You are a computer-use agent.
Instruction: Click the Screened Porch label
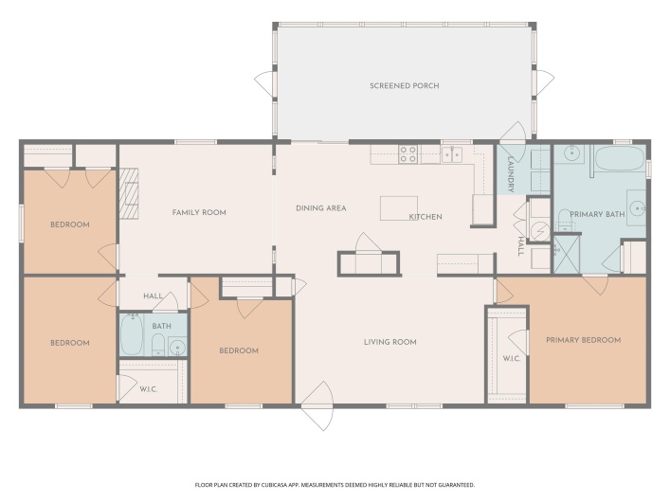[x=405, y=86]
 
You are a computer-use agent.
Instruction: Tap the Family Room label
[x=199, y=212]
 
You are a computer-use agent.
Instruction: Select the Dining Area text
[x=321, y=208]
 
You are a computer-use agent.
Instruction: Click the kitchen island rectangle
[x=399, y=208]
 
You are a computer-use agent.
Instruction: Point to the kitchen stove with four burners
[x=407, y=154]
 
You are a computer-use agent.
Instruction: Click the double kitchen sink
[x=452, y=154]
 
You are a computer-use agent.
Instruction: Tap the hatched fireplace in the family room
[x=129, y=193]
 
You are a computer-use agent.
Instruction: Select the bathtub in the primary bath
[x=620, y=158]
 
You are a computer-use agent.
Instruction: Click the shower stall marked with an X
[x=567, y=254]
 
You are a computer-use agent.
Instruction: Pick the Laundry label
[x=511, y=174]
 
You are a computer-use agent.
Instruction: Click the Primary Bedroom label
[x=583, y=340]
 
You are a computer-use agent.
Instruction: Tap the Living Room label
[x=390, y=342]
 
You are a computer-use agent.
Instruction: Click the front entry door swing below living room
[x=317, y=406]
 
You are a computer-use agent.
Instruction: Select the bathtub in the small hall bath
[x=131, y=334]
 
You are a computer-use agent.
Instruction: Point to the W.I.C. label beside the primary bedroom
[x=511, y=358]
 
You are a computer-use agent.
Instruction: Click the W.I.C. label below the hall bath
[x=149, y=389]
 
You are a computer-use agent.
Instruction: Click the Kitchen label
[x=426, y=217]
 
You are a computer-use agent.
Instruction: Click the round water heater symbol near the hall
[x=540, y=231]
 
